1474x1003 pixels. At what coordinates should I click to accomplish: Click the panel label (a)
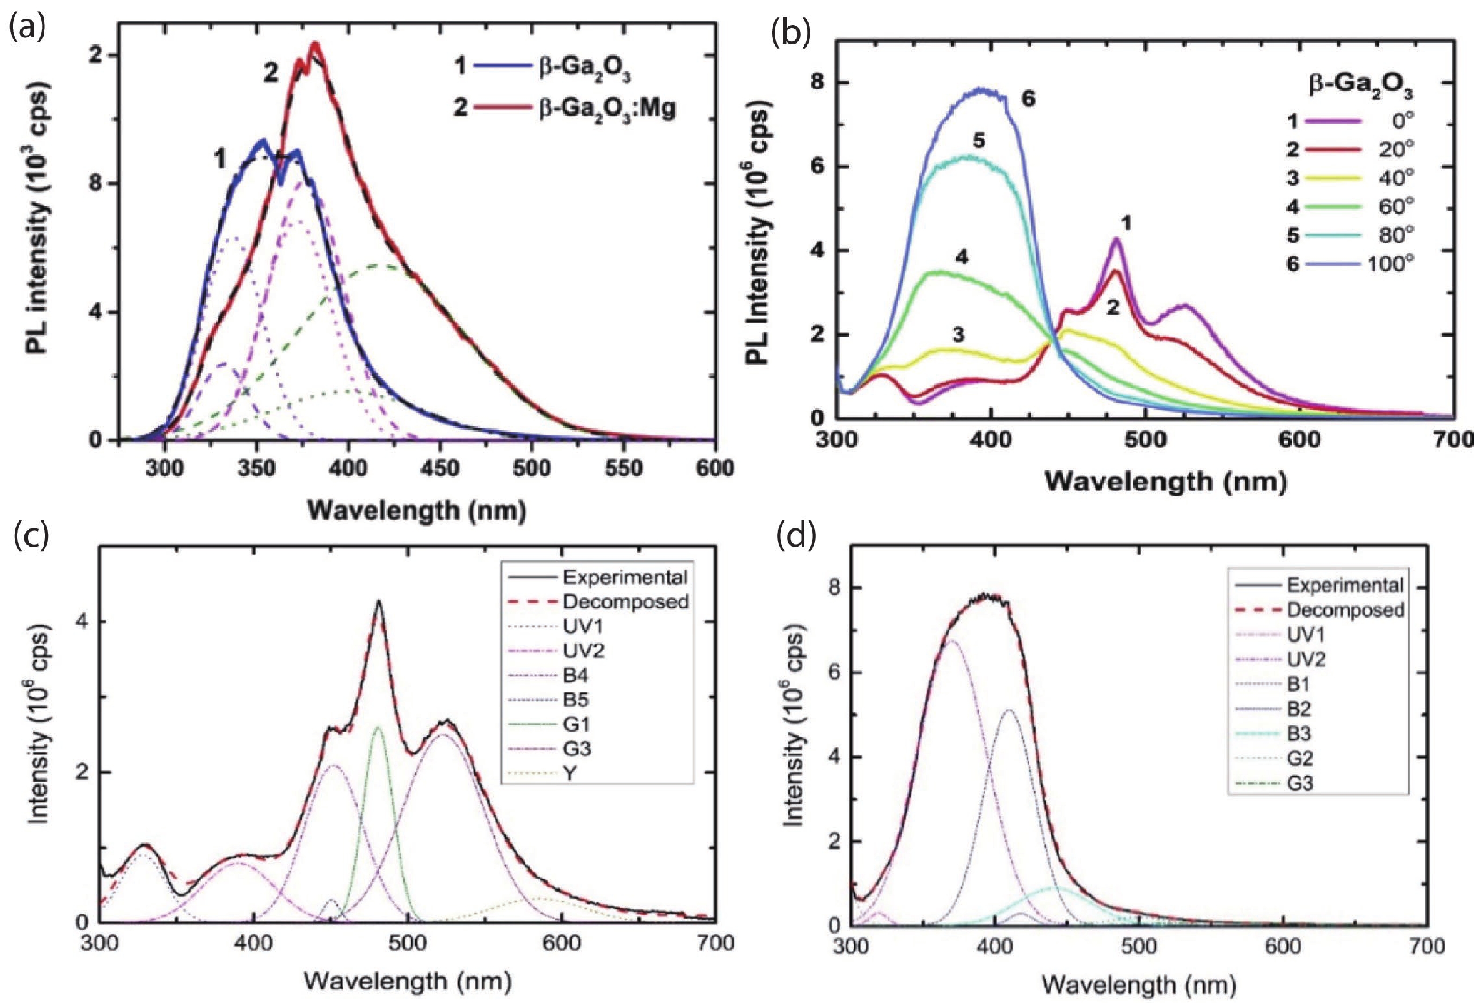pyautogui.click(x=27, y=29)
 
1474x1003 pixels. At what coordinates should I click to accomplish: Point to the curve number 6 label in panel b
pyautogui.click(x=1028, y=100)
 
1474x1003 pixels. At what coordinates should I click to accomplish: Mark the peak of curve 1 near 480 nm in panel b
pyautogui.click(x=1116, y=239)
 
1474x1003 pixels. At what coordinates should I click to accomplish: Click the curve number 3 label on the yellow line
pyautogui.click(x=958, y=334)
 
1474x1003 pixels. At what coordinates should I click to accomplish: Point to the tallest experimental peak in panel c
pyautogui.click(x=379, y=601)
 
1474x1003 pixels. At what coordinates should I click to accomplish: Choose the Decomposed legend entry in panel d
pyautogui.click(x=1344, y=610)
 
